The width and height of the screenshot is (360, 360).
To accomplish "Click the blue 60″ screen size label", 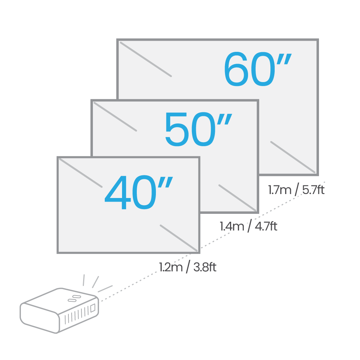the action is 258,69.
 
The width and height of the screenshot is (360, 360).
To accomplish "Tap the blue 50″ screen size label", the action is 199,129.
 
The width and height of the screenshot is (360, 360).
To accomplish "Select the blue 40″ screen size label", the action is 139,192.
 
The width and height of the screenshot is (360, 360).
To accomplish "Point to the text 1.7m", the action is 280,190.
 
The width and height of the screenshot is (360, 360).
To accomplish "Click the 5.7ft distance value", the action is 313,190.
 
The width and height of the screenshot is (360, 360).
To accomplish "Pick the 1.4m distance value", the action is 232,226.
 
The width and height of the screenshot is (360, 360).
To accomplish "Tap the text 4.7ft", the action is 266,226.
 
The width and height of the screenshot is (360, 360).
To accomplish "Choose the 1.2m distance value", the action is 171,267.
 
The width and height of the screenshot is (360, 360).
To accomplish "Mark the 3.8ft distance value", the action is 205,267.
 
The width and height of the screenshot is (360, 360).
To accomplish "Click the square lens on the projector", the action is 93,308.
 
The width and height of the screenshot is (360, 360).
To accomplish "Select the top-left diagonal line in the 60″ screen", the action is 146,59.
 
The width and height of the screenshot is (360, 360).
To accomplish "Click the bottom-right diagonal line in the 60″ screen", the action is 293,157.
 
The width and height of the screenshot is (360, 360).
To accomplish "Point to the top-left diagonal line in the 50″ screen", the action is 115,117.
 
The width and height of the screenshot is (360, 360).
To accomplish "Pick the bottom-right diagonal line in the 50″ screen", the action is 237,197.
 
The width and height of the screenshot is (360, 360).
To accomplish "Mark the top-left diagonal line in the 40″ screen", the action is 81,173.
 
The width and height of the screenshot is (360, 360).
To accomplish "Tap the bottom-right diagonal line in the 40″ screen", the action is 179,238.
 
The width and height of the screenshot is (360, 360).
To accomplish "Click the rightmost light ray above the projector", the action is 105,289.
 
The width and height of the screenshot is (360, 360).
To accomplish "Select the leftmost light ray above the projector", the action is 84,280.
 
